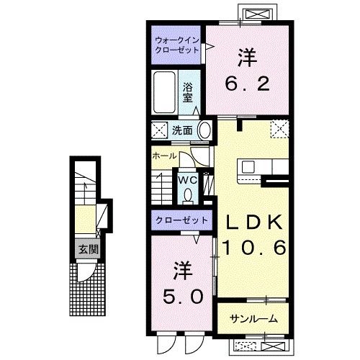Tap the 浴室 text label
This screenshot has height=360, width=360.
tap(187, 93)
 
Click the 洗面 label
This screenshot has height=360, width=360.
tap(181, 131)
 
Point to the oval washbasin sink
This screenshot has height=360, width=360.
tap(205, 131)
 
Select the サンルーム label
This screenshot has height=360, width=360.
tap(253, 318)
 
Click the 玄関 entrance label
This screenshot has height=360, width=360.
tap(87, 251)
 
